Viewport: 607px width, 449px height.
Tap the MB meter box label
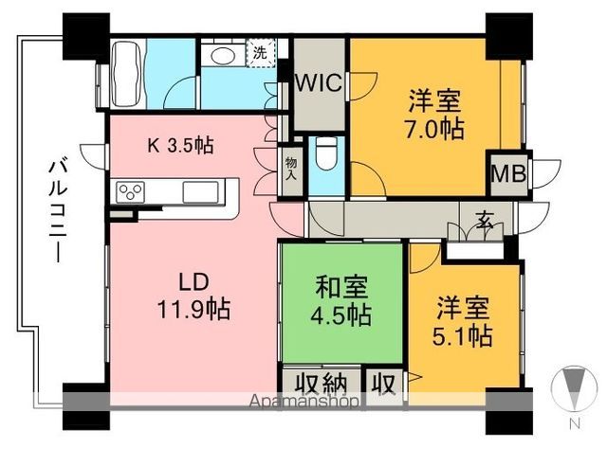pos(506,173)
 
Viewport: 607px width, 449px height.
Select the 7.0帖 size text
pos(437,128)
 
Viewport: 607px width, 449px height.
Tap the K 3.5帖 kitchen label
pos(179,146)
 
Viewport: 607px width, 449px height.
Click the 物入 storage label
pos(290,169)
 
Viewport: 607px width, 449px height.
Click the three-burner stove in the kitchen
pos(130,192)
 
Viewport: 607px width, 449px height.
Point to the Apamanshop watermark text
pos(303,402)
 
